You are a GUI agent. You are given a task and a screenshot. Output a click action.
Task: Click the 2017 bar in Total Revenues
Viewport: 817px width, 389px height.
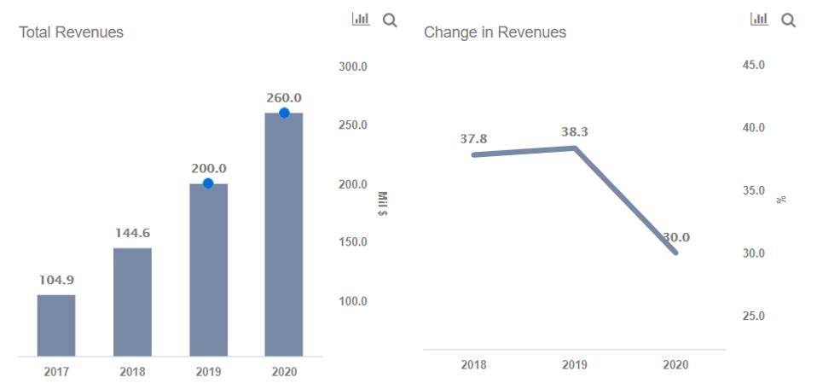56,325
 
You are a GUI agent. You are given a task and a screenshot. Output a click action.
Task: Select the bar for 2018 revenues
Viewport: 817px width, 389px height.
132,302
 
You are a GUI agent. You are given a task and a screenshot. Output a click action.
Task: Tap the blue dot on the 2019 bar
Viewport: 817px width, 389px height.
208,183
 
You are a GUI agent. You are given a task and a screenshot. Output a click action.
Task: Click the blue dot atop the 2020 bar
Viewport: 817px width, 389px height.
284,113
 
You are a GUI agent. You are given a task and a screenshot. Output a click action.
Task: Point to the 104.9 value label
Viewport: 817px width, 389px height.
56,280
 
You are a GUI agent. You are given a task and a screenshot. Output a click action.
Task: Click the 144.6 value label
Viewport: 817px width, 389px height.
132,233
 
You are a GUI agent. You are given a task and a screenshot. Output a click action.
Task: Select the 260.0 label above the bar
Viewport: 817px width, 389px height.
284,98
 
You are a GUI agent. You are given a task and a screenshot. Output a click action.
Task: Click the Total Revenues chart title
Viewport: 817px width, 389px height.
71,32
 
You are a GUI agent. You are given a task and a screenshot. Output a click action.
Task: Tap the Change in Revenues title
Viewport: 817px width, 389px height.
495,32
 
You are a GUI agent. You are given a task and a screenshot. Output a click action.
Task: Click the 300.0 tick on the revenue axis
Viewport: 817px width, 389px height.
352,67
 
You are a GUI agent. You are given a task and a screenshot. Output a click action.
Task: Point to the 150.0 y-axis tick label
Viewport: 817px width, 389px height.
352,242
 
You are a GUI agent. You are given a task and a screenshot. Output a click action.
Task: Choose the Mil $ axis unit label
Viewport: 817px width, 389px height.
382,204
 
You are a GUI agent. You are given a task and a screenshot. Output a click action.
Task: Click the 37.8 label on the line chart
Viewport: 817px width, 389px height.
473,139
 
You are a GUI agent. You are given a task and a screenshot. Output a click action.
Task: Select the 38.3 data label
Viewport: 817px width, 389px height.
575,132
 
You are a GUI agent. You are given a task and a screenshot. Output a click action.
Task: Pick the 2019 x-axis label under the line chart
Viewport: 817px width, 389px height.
575,365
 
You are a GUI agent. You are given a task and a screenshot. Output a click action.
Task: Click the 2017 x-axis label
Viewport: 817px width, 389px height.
56,372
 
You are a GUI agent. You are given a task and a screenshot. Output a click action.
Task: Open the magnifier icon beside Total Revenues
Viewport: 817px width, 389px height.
390,20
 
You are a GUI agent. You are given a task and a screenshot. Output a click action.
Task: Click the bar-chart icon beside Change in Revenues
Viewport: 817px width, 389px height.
758,20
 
